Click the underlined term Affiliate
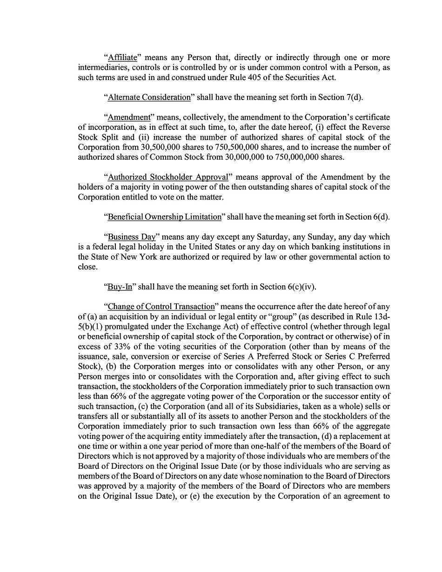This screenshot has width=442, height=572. click(122, 58)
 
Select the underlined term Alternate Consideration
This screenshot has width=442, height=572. click(149, 97)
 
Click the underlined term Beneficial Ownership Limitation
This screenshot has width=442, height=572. click(165, 217)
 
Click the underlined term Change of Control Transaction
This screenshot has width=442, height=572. click(161, 307)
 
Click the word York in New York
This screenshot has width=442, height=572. click(147, 257)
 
